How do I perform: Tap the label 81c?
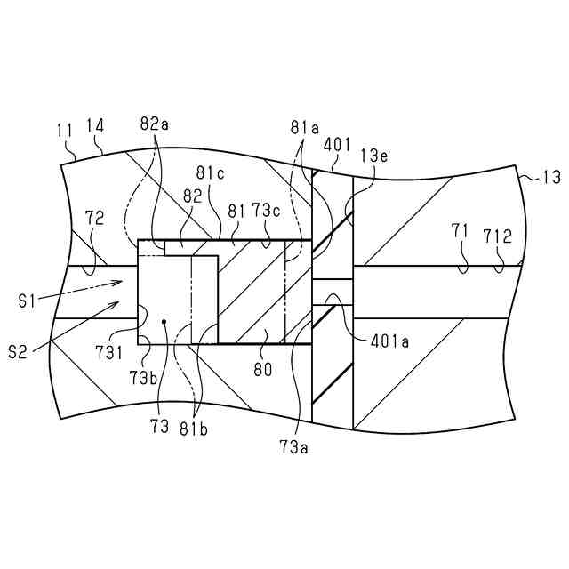coord(210,172)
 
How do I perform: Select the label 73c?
coord(265,212)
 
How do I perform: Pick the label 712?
coord(497,236)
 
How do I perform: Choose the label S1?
coord(28,301)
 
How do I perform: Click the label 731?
coord(110,353)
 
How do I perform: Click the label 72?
coord(94,216)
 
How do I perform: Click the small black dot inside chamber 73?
coord(164,321)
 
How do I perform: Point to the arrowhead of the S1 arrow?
coord(121,281)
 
